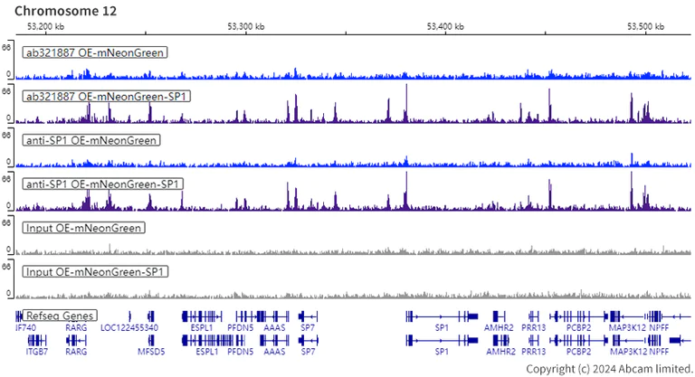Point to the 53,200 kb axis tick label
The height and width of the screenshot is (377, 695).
pos(45,26)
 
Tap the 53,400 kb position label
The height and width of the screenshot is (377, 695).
pos(445,26)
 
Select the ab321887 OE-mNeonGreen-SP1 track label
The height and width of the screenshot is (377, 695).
pos(107,96)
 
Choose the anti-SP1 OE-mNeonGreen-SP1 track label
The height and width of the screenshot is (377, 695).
pos(104,184)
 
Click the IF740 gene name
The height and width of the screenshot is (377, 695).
pos(26,327)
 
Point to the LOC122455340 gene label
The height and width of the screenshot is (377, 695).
pos(129,327)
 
